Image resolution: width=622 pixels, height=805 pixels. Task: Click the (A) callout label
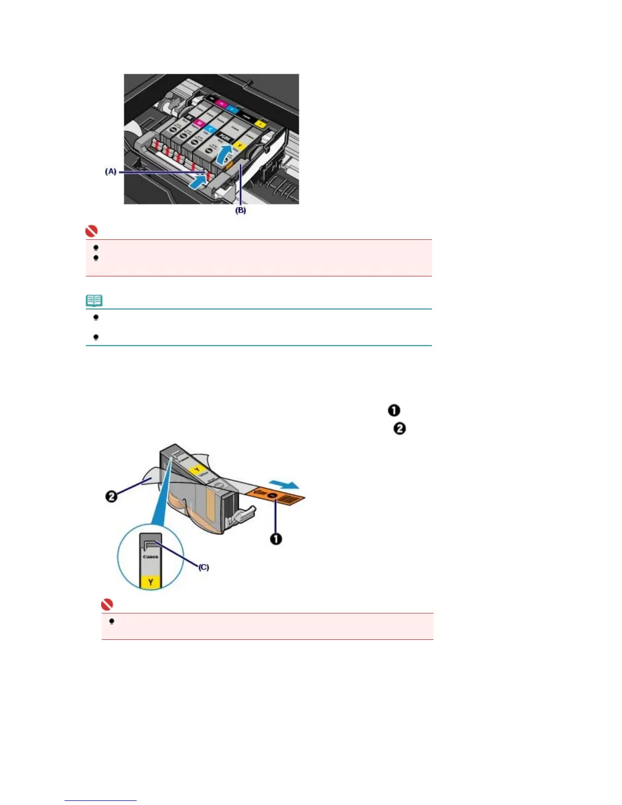click(110, 172)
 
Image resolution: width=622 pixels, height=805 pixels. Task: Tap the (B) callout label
click(240, 210)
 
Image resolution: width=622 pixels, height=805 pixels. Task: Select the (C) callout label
click(203, 567)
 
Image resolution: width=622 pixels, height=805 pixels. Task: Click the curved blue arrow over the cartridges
click(224, 153)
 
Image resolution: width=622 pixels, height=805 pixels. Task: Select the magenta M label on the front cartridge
click(199, 123)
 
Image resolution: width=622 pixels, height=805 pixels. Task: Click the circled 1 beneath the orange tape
click(276, 539)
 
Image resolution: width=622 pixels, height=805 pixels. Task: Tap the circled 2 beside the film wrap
click(111, 496)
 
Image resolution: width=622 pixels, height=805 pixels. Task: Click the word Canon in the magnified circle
click(150, 557)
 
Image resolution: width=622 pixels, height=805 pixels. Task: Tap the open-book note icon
click(94, 301)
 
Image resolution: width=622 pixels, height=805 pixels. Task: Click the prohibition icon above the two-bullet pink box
click(91, 232)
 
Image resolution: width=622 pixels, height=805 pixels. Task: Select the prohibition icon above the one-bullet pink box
click(107, 605)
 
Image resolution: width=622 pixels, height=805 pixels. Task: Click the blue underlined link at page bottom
click(101, 800)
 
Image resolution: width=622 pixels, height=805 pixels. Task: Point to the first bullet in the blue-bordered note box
click(96, 318)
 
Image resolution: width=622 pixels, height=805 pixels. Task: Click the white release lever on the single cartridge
click(242, 515)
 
